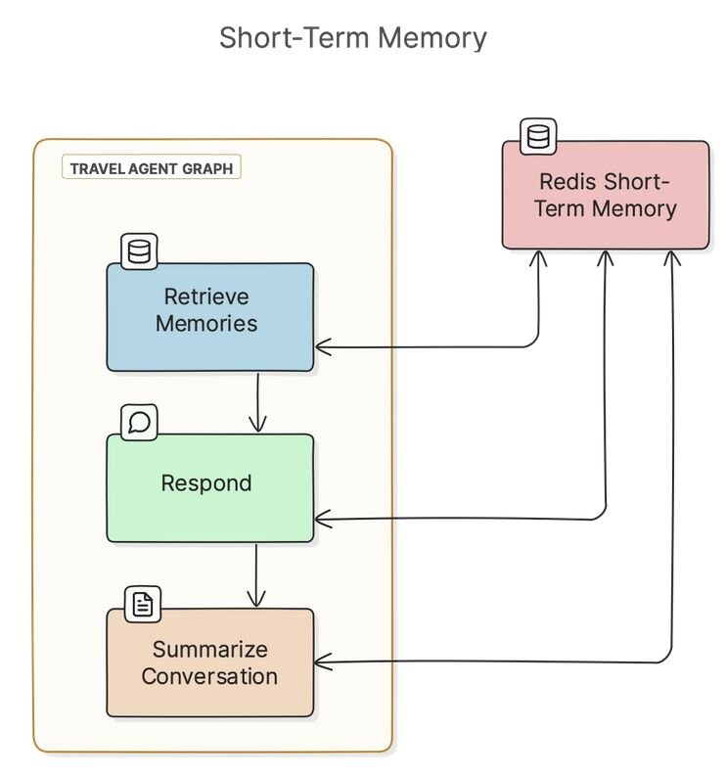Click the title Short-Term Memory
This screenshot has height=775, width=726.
click(353, 37)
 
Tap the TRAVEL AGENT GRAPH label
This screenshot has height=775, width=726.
click(152, 167)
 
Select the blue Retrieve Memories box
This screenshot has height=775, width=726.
click(210, 317)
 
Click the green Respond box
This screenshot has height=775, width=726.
click(210, 488)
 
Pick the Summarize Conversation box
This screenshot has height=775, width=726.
click(210, 662)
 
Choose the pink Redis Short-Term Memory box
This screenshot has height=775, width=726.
click(606, 195)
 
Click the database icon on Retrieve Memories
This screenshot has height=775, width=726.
click(139, 251)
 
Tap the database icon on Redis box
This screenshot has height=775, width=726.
click(538, 136)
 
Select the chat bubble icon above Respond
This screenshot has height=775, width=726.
click(139, 422)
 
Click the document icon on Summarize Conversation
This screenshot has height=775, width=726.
click(142, 604)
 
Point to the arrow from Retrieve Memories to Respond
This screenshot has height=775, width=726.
click(257, 402)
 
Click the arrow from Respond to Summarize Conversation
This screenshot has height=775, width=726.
click(256, 575)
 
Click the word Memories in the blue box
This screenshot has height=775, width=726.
click(206, 324)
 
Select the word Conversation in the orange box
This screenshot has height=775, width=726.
click(209, 676)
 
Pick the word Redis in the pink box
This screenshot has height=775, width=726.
click(567, 181)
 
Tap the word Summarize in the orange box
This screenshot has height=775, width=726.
click(210, 650)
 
